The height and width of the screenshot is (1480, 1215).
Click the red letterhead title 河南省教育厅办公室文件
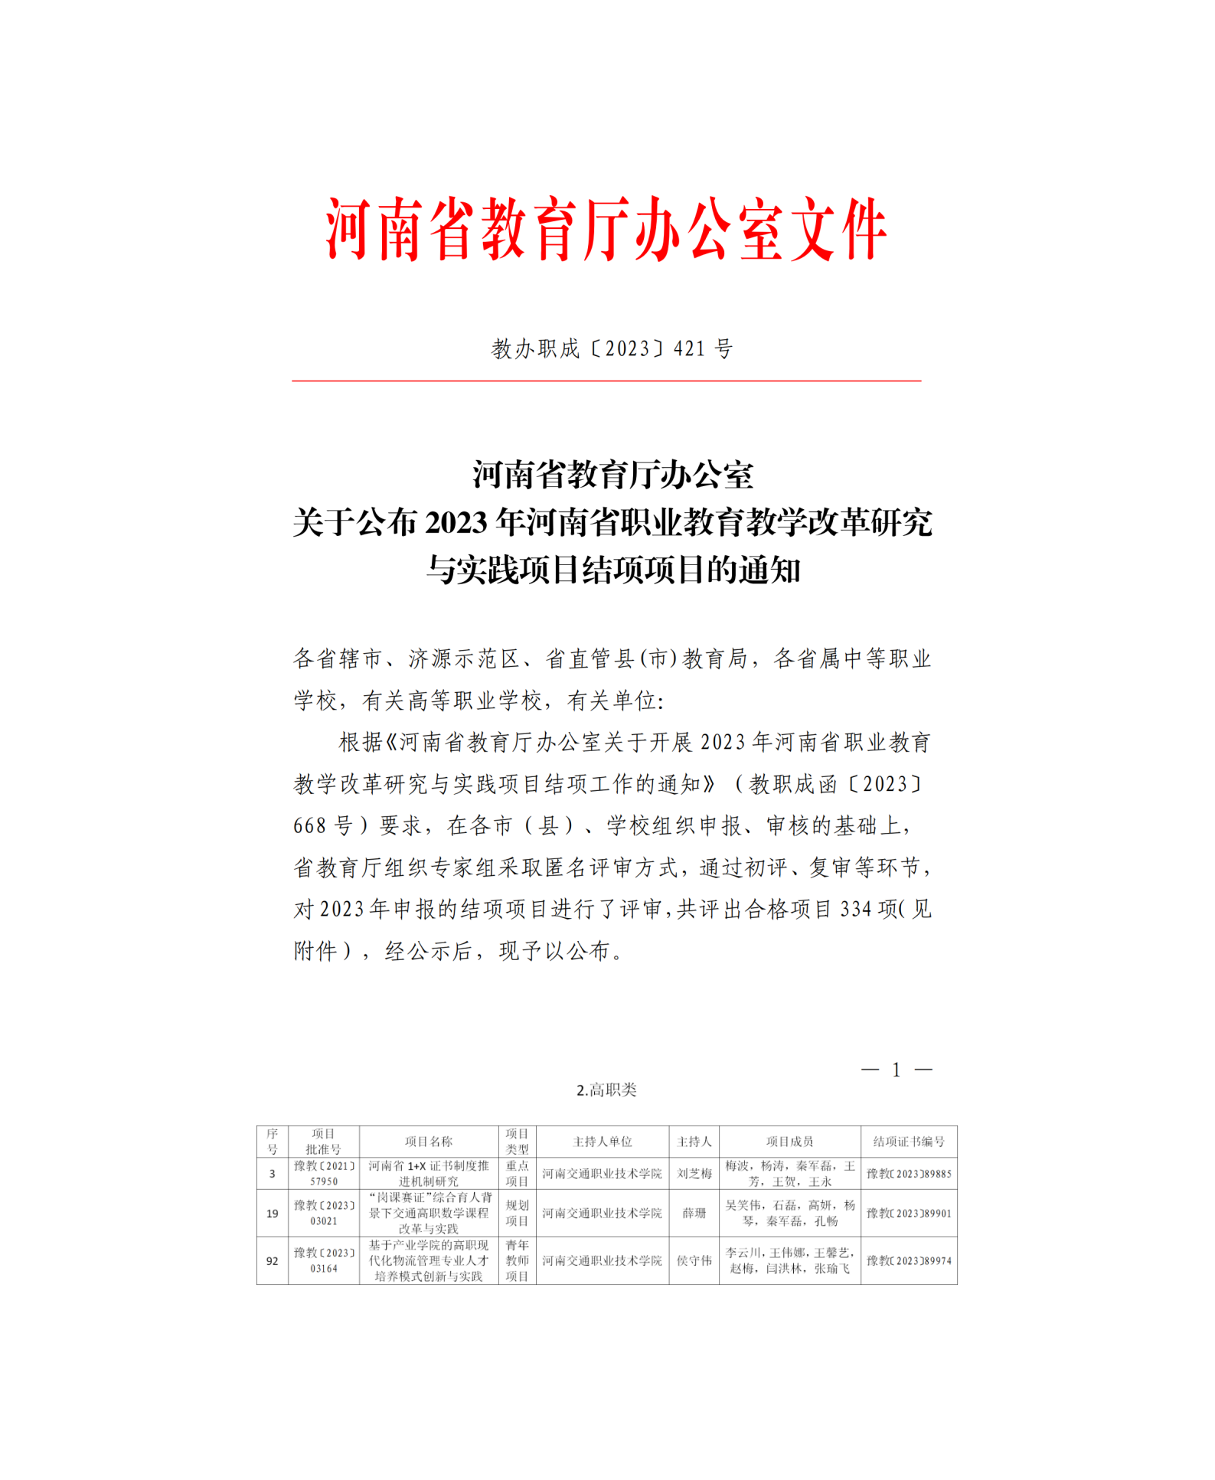click(606, 230)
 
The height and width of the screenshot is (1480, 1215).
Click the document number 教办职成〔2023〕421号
click(612, 349)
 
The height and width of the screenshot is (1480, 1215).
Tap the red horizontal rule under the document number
click(606, 381)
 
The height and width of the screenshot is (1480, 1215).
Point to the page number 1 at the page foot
click(897, 1070)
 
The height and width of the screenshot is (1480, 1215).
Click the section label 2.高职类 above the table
click(606, 1090)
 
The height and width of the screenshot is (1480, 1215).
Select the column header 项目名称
click(429, 1142)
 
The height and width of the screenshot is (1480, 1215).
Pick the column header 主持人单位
click(603, 1142)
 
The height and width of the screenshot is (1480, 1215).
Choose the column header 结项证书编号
click(909, 1142)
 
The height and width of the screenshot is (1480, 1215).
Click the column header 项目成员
click(789, 1142)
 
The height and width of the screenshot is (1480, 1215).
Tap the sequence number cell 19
click(272, 1214)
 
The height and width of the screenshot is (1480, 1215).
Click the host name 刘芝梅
click(694, 1174)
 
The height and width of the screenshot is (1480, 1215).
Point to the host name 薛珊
click(694, 1214)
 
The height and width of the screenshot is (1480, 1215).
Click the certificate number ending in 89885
click(909, 1174)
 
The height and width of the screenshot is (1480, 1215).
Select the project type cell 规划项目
click(517, 1214)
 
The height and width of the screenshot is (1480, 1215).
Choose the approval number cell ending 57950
click(324, 1174)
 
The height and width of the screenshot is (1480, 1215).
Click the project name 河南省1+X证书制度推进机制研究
click(429, 1174)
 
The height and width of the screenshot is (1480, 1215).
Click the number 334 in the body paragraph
click(856, 910)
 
